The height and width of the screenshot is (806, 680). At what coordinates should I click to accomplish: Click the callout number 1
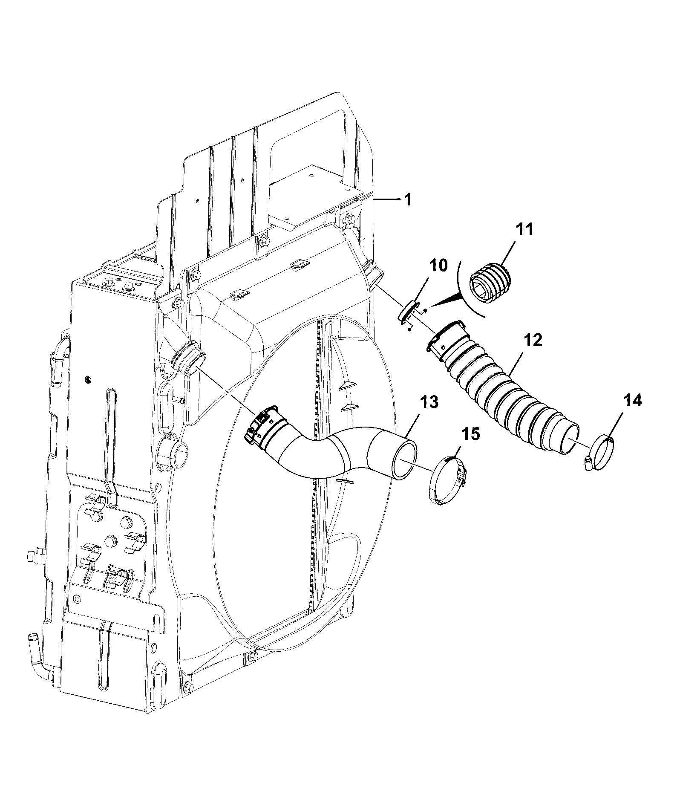click(x=408, y=199)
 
